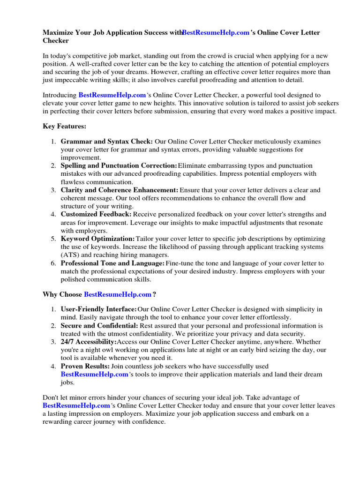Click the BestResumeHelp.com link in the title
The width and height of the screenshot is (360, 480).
(x=216, y=33)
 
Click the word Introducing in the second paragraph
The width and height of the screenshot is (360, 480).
(x=60, y=95)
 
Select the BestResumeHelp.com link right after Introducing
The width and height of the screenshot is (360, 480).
(x=112, y=95)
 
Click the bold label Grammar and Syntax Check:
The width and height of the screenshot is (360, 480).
(x=106, y=142)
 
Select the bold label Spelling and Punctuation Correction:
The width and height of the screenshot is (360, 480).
(x=119, y=166)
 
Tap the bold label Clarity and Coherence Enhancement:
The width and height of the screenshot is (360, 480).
(x=120, y=190)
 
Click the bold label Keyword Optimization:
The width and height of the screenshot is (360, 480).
(x=97, y=239)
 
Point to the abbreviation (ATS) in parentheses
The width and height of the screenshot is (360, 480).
(x=70, y=255)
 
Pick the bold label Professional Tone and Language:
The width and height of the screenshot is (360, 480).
(x=112, y=263)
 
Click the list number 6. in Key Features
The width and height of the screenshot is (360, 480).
(x=53, y=263)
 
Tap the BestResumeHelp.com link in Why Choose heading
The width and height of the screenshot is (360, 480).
(x=118, y=294)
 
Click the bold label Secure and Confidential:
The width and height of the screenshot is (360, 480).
(x=99, y=326)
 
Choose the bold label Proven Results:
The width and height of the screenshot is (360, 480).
(x=85, y=366)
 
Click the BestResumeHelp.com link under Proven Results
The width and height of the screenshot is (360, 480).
(x=94, y=375)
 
